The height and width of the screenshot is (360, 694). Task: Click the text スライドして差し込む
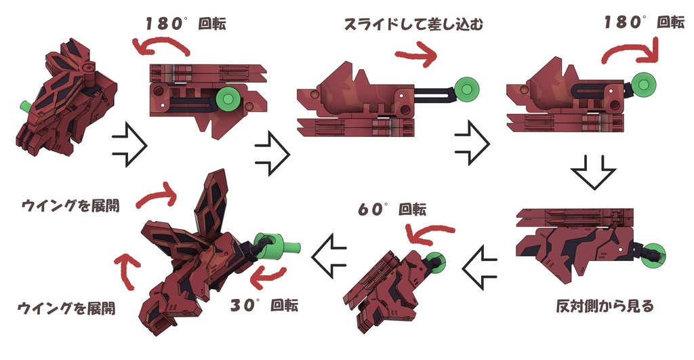pos(416,26)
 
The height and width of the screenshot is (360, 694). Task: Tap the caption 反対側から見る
pos(605,306)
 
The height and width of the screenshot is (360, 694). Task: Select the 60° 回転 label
pos(392,210)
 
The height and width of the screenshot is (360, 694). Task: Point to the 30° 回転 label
pos(264,305)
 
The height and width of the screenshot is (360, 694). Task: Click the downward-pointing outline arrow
pos(592,173)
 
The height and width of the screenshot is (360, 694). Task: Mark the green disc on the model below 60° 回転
pos(433,261)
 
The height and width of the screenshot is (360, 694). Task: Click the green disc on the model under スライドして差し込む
pos(467,87)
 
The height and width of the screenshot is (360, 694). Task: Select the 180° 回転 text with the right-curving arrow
pos(644,22)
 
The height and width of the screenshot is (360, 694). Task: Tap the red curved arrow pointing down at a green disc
pos(634,52)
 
